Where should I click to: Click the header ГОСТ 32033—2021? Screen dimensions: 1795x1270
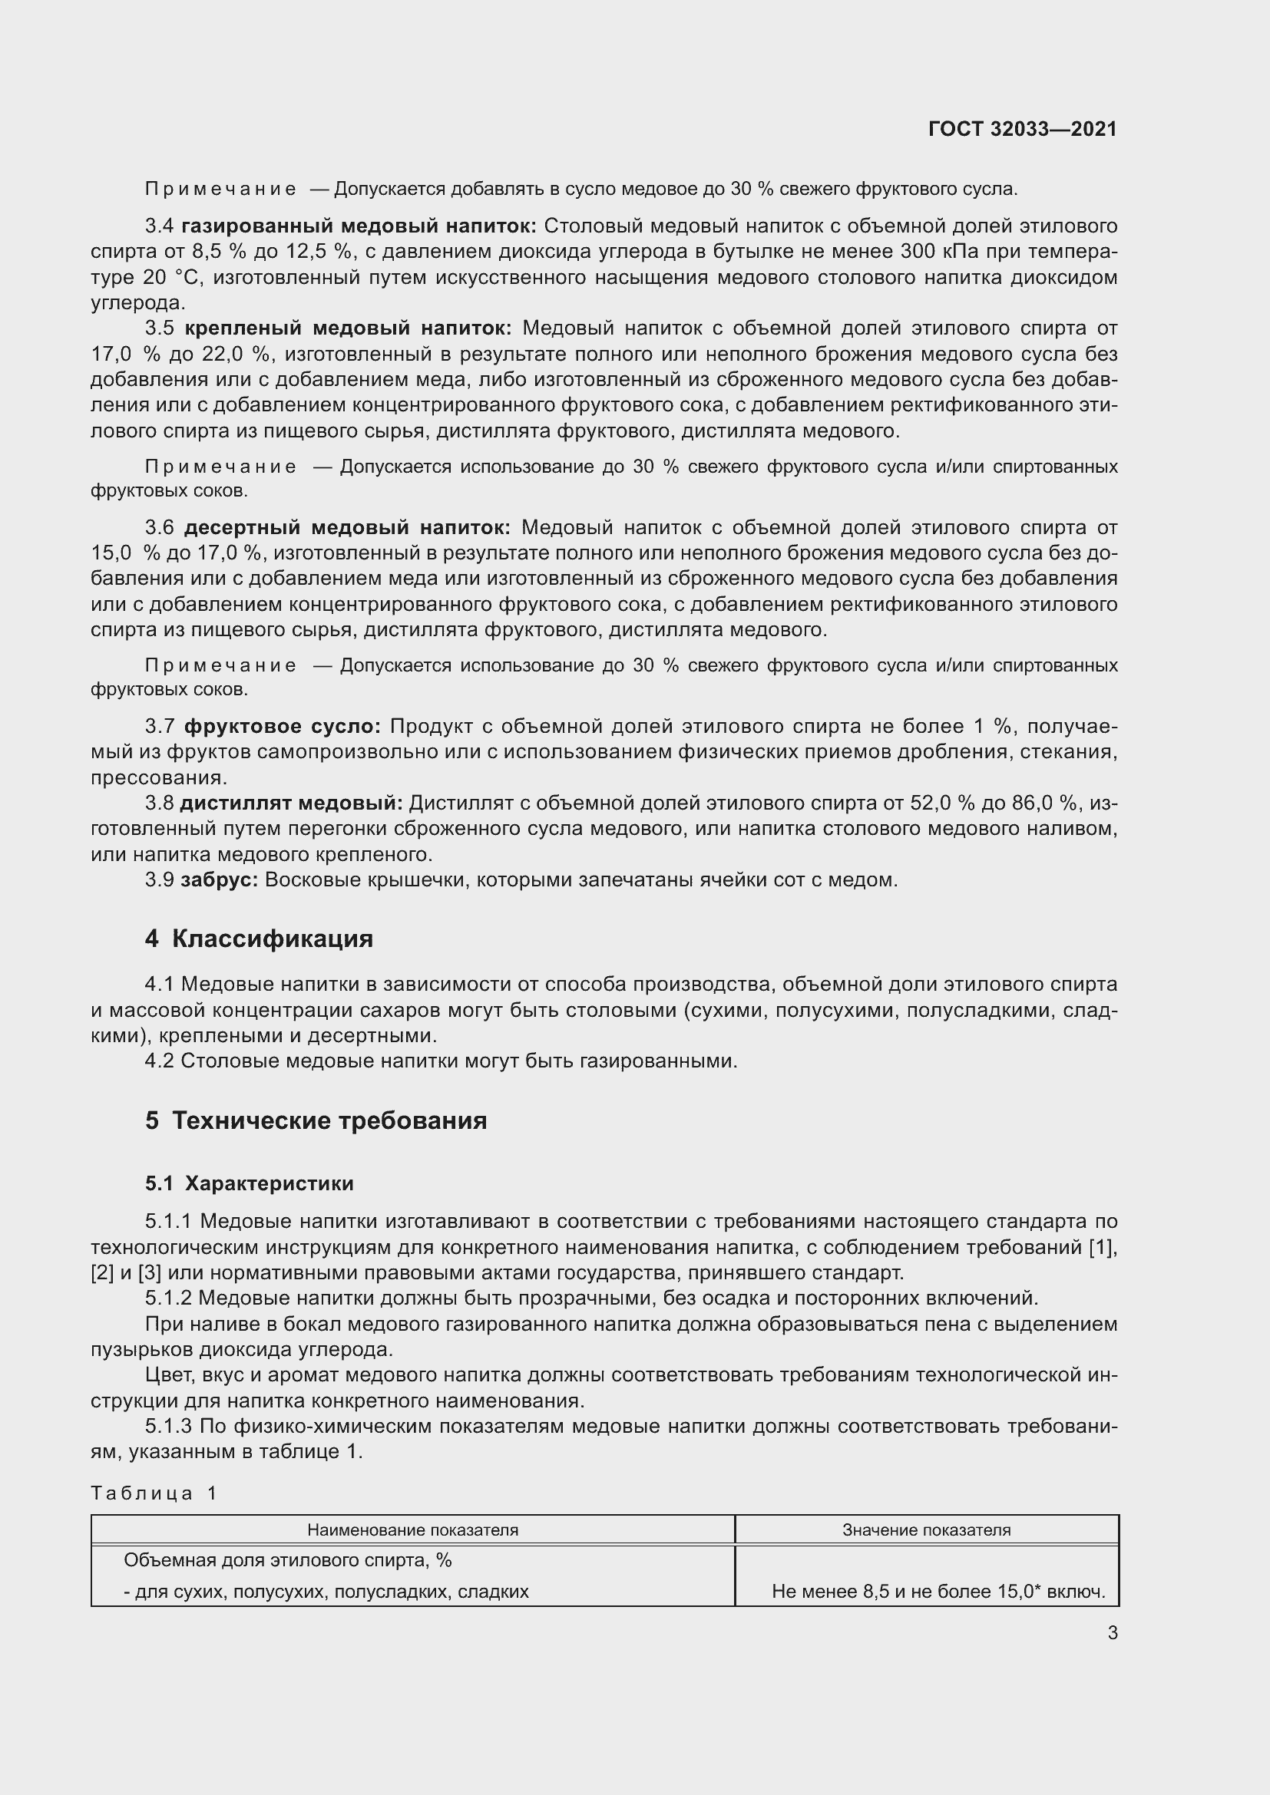pos(1022,129)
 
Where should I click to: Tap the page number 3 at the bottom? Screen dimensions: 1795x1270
pos(1112,1632)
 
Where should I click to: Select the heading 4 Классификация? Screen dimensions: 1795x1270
pos(259,939)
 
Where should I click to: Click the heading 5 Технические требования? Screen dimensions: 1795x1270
pos(316,1120)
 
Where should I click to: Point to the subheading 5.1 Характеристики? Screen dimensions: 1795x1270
pos(249,1183)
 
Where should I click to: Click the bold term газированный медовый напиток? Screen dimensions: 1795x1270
pos(358,226)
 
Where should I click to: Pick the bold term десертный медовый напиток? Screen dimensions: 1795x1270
pos(347,528)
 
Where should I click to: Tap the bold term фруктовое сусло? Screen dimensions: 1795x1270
pos(282,726)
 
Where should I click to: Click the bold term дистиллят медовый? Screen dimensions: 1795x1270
pos(291,803)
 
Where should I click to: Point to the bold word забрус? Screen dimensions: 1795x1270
pos(219,879)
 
